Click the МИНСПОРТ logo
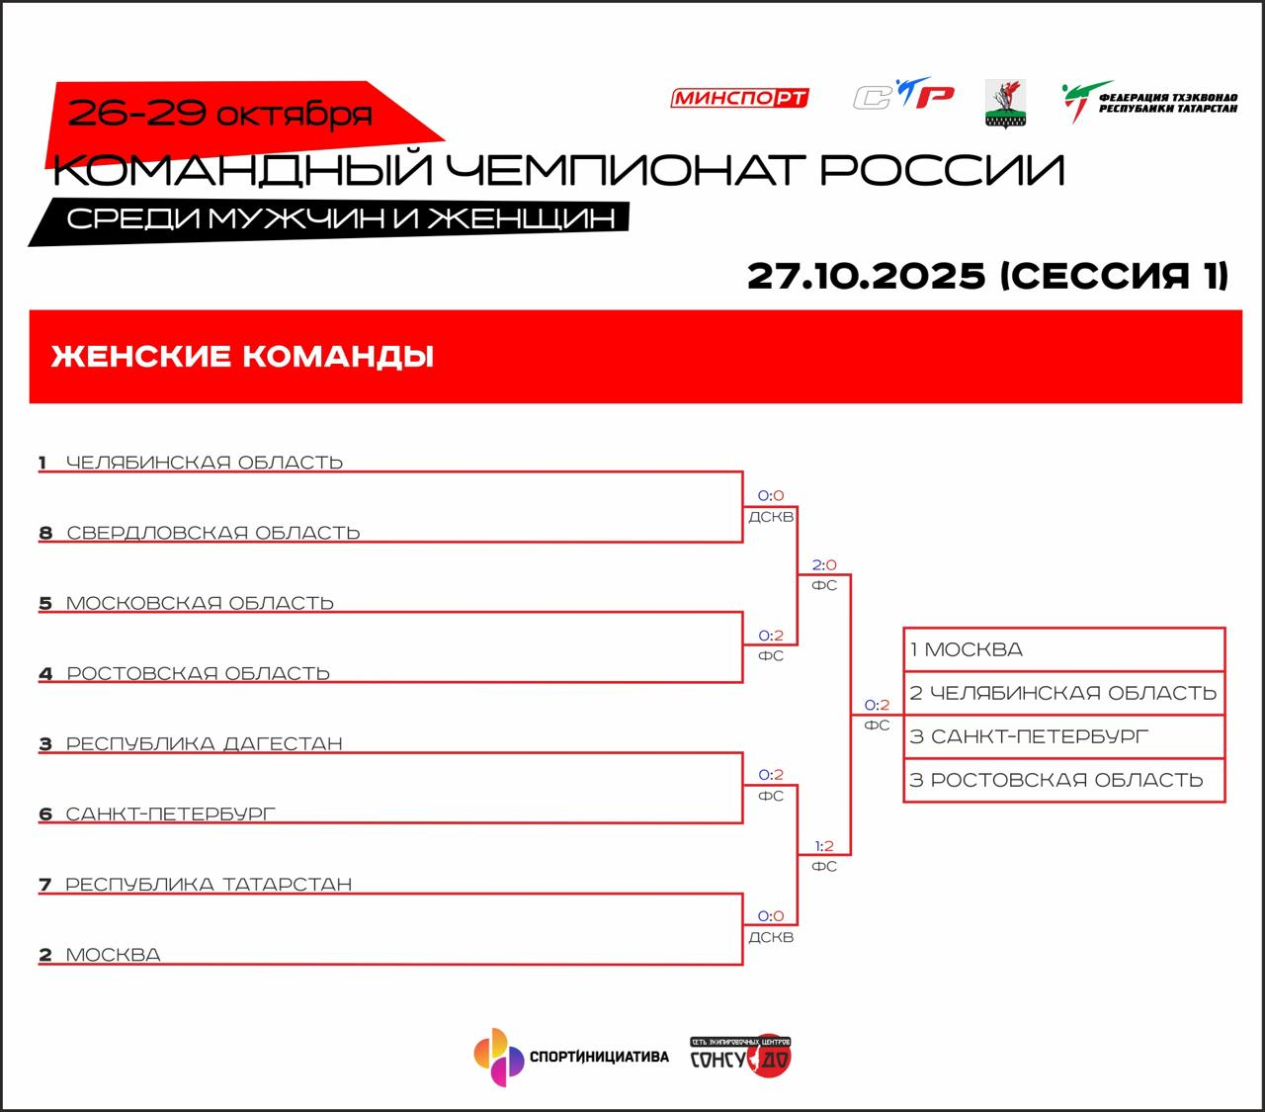[x=740, y=98]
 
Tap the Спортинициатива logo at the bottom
[x=571, y=1057]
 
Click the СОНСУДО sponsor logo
[x=740, y=1057]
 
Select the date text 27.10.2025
[x=867, y=276]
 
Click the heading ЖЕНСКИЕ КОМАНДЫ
[x=242, y=356]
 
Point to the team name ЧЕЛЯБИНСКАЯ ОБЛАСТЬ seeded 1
[x=204, y=462]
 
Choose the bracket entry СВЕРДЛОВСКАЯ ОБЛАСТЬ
[x=212, y=533]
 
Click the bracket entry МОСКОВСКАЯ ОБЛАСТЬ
[x=200, y=603]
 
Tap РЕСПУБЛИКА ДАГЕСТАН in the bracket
[x=204, y=743]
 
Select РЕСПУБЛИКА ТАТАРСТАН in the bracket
[x=208, y=884]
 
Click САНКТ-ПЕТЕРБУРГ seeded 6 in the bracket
[x=170, y=813]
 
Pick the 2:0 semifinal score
[x=824, y=565]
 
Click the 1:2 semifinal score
[x=824, y=846]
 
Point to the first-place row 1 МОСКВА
[x=1063, y=649]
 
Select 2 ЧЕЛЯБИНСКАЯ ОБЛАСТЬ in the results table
[x=1063, y=693]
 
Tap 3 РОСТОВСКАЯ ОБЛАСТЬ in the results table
[x=1063, y=780]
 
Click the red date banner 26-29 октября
[x=219, y=115]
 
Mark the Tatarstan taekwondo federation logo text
[x=1167, y=103]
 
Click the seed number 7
[x=44, y=885]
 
